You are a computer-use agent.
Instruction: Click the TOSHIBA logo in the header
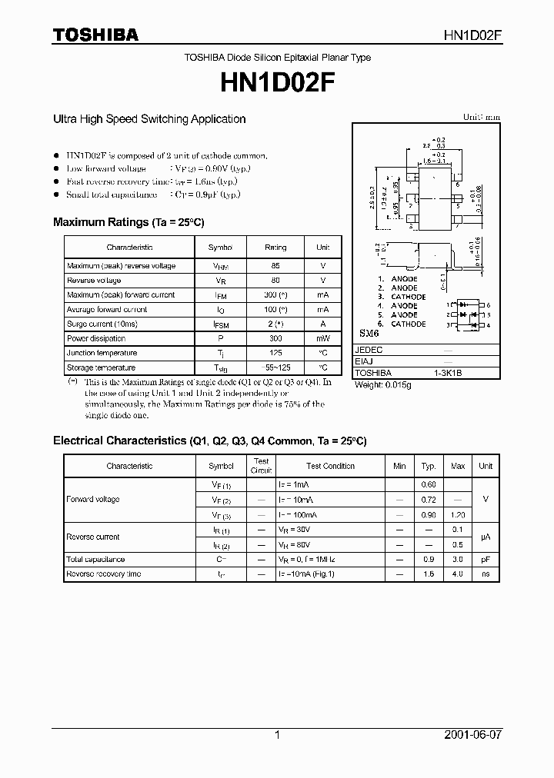tap(95, 35)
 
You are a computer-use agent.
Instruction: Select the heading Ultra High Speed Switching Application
tap(149, 119)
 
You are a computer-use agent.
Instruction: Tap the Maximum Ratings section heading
tap(128, 222)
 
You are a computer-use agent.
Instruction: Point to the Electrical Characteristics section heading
tap(209, 441)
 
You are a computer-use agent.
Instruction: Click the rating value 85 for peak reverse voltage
tap(275, 266)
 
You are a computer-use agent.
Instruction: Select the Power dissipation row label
tap(96, 339)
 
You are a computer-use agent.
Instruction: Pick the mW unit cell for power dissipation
tap(322, 339)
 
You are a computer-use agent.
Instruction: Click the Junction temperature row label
tap(102, 353)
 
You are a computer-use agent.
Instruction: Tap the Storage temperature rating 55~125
tap(275, 367)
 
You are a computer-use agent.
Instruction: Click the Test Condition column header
tap(330, 466)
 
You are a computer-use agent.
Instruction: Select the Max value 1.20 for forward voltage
tap(457, 514)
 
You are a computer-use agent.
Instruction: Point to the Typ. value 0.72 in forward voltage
tap(429, 500)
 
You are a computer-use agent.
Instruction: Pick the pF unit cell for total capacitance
tap(486, 559)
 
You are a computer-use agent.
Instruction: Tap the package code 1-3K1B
tap(449, 373)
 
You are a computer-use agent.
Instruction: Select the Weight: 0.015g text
tap(382, 384)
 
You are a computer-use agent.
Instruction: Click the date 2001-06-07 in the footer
tap(473, 736)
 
